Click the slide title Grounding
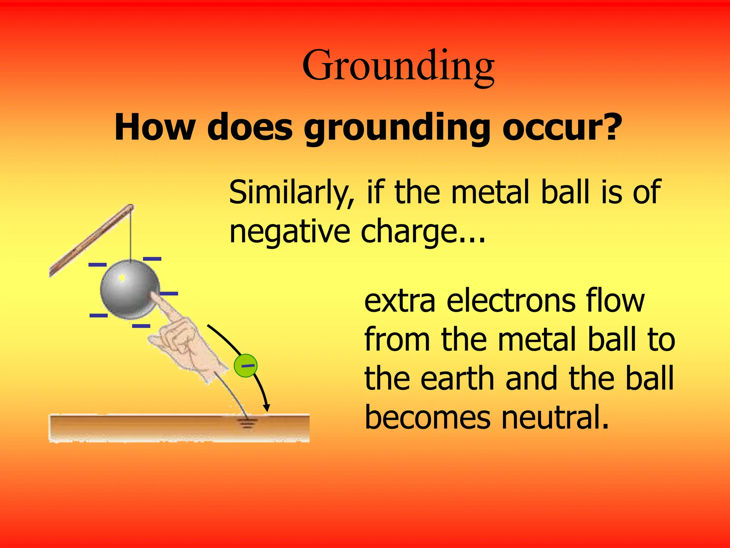pos(398,66)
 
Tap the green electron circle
pos(246,366)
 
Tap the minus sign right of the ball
pos(169,294)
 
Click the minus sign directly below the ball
pos(141,326)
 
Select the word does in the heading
pos(250,127)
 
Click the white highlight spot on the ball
pos(122,277)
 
